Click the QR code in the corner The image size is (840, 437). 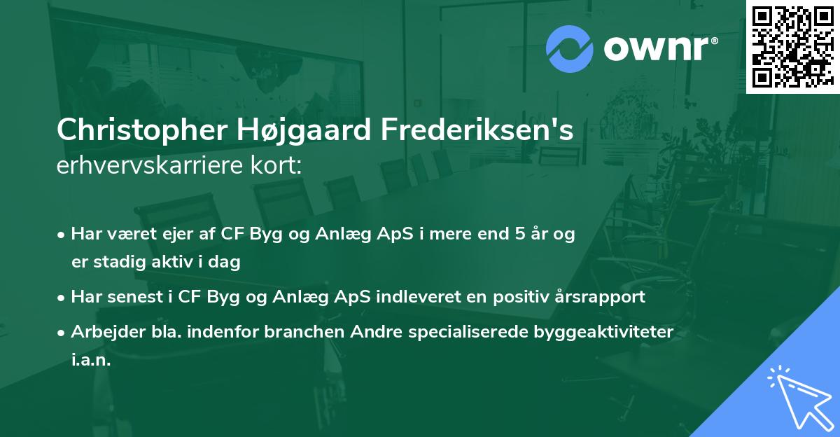(793, 46)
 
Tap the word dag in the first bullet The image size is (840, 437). (225, 263)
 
